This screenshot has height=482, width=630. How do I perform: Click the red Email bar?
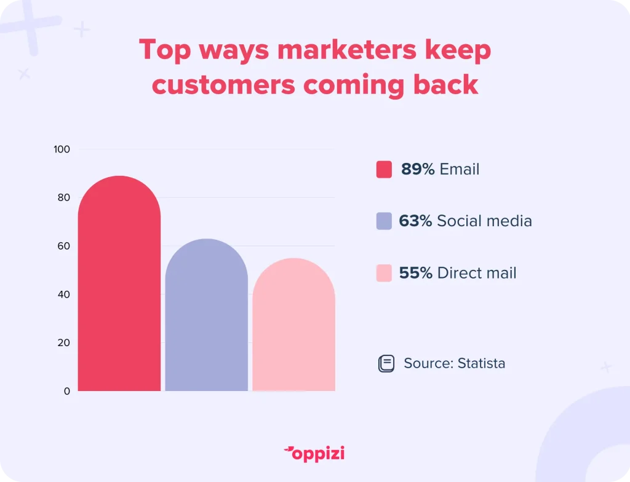point(119,283)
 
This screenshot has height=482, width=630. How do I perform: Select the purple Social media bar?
point(207,315)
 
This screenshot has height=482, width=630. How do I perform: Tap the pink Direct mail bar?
point(293,324)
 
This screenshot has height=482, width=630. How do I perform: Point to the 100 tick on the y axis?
point(62,149)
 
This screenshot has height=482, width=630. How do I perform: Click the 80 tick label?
point(63,197)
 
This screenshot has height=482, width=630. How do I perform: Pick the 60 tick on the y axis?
point(63,246)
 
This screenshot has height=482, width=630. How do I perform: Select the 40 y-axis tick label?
point(63,294)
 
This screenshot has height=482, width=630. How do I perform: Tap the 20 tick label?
point(63,342)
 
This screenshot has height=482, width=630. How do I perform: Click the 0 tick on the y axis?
point(66,391)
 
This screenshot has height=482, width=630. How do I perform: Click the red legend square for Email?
point(384,169)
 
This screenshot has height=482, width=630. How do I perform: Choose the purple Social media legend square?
point(384,221)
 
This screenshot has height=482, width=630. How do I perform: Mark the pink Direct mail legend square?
point(384,273)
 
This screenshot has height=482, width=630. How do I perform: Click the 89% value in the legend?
point(418,169)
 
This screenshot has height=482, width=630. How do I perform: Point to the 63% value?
point(415,221)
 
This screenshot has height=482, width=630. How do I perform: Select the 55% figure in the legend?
point(416,273)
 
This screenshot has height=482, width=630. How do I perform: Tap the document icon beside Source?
point(386,363)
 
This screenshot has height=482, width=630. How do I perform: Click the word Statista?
point(481,363)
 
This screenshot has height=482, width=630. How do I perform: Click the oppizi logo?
point(314,454)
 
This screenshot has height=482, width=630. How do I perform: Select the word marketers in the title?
point(347,50)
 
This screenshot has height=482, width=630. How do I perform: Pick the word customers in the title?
point(223,85)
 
